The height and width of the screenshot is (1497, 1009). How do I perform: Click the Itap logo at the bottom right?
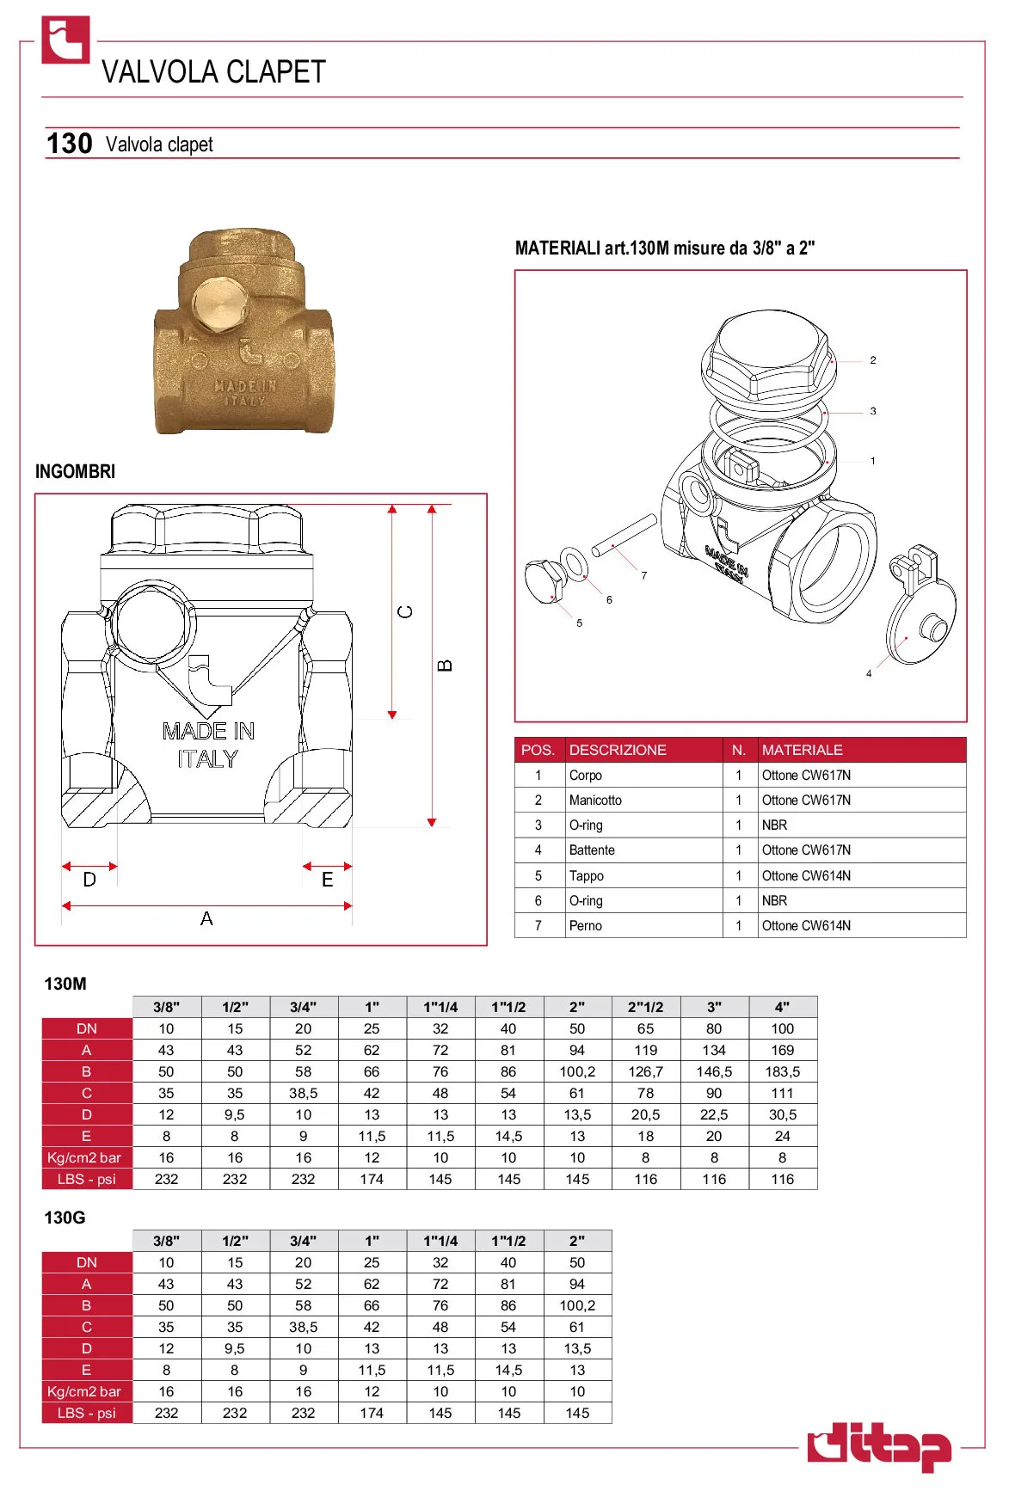pos(878,1447)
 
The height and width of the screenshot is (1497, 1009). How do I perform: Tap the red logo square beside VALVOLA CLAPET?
pos(65,40)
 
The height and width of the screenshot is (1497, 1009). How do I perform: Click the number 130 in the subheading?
pos(69,144)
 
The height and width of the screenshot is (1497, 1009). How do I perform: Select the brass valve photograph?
pos(243,332)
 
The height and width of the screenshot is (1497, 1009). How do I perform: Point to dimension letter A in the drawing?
pos(206,919)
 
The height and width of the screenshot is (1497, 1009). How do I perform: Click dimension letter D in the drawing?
pos(89,880)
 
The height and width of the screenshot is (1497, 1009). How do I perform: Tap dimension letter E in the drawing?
pos(327,880)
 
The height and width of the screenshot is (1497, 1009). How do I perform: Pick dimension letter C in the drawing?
pos(405,611)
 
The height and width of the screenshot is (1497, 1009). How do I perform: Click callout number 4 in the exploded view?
pos(869,673)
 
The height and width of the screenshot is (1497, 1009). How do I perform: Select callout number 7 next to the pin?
pos(643,575)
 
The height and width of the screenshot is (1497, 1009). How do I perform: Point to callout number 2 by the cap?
pos(872,360)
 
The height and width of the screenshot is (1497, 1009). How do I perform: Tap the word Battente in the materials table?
pos(592,850)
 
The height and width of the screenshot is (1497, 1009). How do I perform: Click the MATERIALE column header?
pos(802,750)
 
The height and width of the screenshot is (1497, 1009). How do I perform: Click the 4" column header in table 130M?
pos(782,1007)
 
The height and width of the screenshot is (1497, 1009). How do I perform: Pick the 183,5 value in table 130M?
pos(782,1072)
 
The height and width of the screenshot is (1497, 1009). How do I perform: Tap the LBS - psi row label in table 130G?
pos(87,1413)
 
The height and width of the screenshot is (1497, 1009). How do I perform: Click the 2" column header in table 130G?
pos(577,1241)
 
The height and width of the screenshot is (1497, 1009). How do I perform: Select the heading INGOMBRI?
pos(75,471)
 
